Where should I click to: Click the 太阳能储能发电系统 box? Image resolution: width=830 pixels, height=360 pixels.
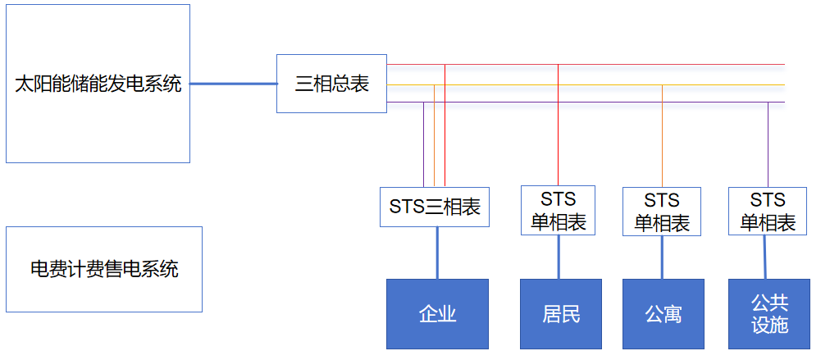98,83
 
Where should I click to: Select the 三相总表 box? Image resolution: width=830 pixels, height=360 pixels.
331,84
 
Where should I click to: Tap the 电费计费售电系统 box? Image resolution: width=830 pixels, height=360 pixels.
103,269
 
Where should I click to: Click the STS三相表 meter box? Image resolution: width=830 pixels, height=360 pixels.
435,207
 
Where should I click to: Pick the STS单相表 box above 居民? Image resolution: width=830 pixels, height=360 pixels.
558,211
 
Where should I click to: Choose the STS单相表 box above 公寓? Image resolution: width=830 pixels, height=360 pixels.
661,212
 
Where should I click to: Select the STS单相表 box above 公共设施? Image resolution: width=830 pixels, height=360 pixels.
768,211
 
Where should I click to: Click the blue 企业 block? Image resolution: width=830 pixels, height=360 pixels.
437,313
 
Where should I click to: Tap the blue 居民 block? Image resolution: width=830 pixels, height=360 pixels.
561,313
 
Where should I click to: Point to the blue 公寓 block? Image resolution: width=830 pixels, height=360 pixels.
663,313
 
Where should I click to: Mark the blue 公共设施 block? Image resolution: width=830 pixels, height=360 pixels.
769,313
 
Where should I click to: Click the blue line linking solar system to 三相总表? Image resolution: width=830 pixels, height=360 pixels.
233,84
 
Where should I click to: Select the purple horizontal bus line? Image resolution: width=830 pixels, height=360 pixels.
615,103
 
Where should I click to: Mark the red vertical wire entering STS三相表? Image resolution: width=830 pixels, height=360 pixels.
445,131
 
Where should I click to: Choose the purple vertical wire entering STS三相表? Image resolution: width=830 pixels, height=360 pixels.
424,148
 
